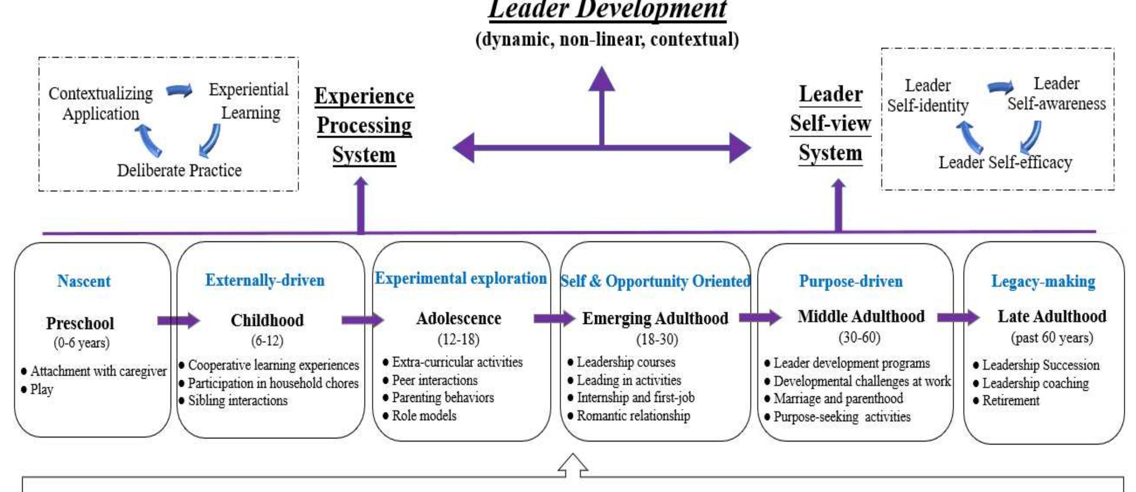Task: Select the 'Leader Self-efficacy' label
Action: (x=1005, y=162)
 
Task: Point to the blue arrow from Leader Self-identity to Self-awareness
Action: (x=1000, y=87)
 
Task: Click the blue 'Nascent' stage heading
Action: (x=84, y=281)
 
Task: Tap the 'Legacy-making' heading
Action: (x=1043, y=281)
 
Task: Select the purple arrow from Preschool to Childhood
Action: (x=179, y=321)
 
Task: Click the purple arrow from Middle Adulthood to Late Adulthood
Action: (x=958, y=317)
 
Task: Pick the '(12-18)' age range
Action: (x=459, y=339)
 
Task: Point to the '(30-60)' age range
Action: (x=860, y=338)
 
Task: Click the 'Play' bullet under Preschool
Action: (x=37, y=390)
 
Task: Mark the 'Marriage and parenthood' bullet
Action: (x=834, y=398)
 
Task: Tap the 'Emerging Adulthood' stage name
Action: (x=655, y=318)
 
